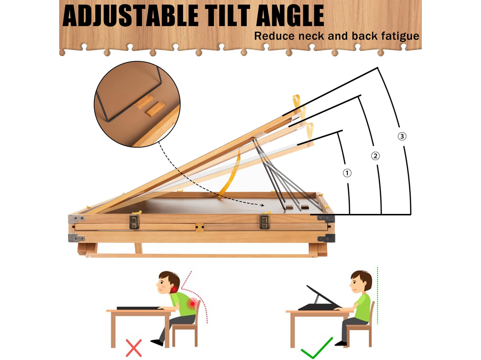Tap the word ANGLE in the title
(290, 16)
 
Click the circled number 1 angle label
(347, 173)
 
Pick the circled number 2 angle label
(375, 156)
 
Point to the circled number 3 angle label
(402, 136)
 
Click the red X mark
(134, 348)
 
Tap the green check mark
(316, 348)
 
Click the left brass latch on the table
(134, 222)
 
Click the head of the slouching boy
(168, 282)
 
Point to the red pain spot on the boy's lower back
(193, 304)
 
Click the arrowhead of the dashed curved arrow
(262, 205)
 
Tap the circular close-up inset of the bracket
(137, 104)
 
